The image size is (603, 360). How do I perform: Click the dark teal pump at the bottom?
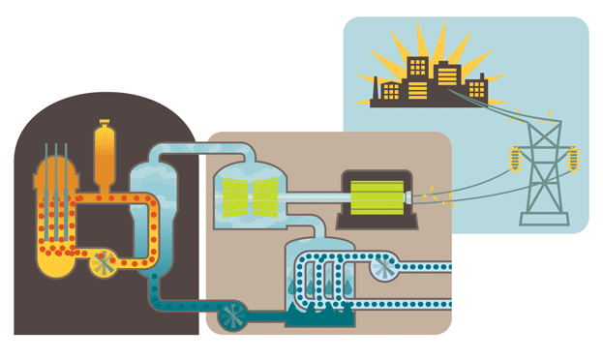[x=232, y=314]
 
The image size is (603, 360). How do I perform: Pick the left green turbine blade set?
[x=232, y=197]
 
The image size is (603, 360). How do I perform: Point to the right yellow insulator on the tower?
[x=575, y=156]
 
